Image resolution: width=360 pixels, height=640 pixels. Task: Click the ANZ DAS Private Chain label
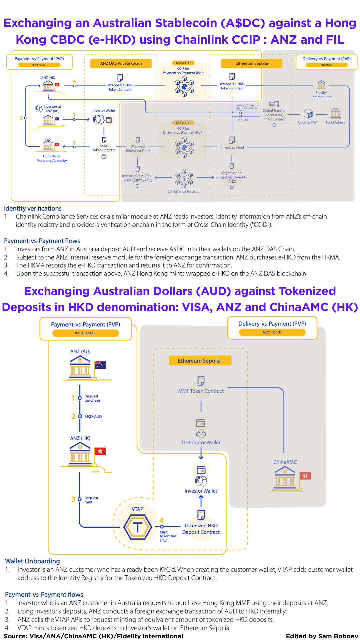(x=121, y=63)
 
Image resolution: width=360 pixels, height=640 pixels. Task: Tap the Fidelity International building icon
(x=321, y=84)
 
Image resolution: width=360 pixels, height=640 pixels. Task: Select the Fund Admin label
(x=335, y=122)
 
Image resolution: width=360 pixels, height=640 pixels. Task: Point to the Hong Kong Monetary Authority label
(x=52, y=158)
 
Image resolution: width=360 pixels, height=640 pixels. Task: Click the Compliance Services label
(x=183, y=192)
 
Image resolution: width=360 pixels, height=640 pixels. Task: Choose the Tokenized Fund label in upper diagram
(x=232, y=147)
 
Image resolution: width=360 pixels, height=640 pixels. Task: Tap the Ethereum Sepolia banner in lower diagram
(x=199, y=361)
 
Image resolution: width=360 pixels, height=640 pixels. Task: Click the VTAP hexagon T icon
(x=138, y=527)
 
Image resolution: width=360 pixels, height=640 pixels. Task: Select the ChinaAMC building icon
(x=285, y=478)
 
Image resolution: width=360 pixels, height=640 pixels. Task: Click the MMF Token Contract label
(x=201, y=391)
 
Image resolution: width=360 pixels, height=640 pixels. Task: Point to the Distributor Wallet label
(x=201, y=442)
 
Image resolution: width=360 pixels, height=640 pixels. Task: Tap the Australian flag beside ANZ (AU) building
(x=100, y=365)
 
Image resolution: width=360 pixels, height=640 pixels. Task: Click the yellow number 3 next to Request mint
(x=73, y=499)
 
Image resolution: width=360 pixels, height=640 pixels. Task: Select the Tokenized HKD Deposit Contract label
(x=201, y=529)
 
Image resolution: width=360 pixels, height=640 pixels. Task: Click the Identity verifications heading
(x=33, y=208)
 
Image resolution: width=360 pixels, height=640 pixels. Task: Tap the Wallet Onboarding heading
(x=32, y=561)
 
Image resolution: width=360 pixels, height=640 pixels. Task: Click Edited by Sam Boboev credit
(x=322, y=636)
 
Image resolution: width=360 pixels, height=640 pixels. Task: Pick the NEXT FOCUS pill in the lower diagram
(x=272, y=332)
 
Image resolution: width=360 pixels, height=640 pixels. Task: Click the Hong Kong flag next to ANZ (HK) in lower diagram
(x=100, y=451)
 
